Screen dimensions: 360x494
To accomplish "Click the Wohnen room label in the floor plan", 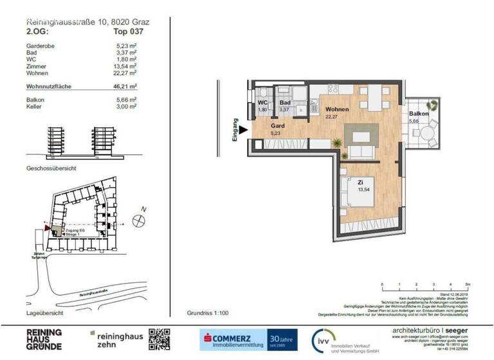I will point(337,110).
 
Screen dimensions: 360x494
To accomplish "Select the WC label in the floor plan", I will point(262,103).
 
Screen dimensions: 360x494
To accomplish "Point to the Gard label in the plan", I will point(278,126).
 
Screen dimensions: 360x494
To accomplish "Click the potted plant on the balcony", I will point(434,104).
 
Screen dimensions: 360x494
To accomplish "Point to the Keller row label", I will point(34,106).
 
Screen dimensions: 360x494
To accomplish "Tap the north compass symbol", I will point(138,221).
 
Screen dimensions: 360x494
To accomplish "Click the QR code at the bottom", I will point(159,339).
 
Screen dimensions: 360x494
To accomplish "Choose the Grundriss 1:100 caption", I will point(208,313).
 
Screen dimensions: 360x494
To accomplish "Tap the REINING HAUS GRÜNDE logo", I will point(44,339).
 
